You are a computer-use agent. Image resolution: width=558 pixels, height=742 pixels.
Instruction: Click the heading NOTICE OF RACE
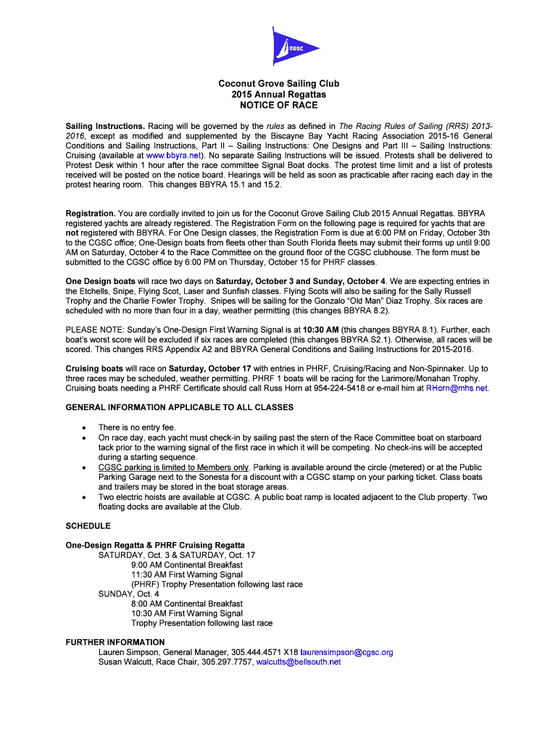coord(279,105)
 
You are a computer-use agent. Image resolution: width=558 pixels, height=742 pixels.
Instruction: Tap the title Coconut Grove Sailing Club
coord(279,84)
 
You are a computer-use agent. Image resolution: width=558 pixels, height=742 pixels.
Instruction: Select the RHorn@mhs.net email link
coord(457,388)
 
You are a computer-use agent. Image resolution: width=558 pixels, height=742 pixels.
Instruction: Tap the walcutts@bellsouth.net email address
coord(299,662)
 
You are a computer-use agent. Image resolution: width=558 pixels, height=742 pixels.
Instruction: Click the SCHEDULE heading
coord(88,525)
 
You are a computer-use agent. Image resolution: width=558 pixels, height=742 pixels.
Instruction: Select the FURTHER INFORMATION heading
coord(115,642)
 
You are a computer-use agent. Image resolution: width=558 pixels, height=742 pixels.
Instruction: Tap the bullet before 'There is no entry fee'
coord(84,428)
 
